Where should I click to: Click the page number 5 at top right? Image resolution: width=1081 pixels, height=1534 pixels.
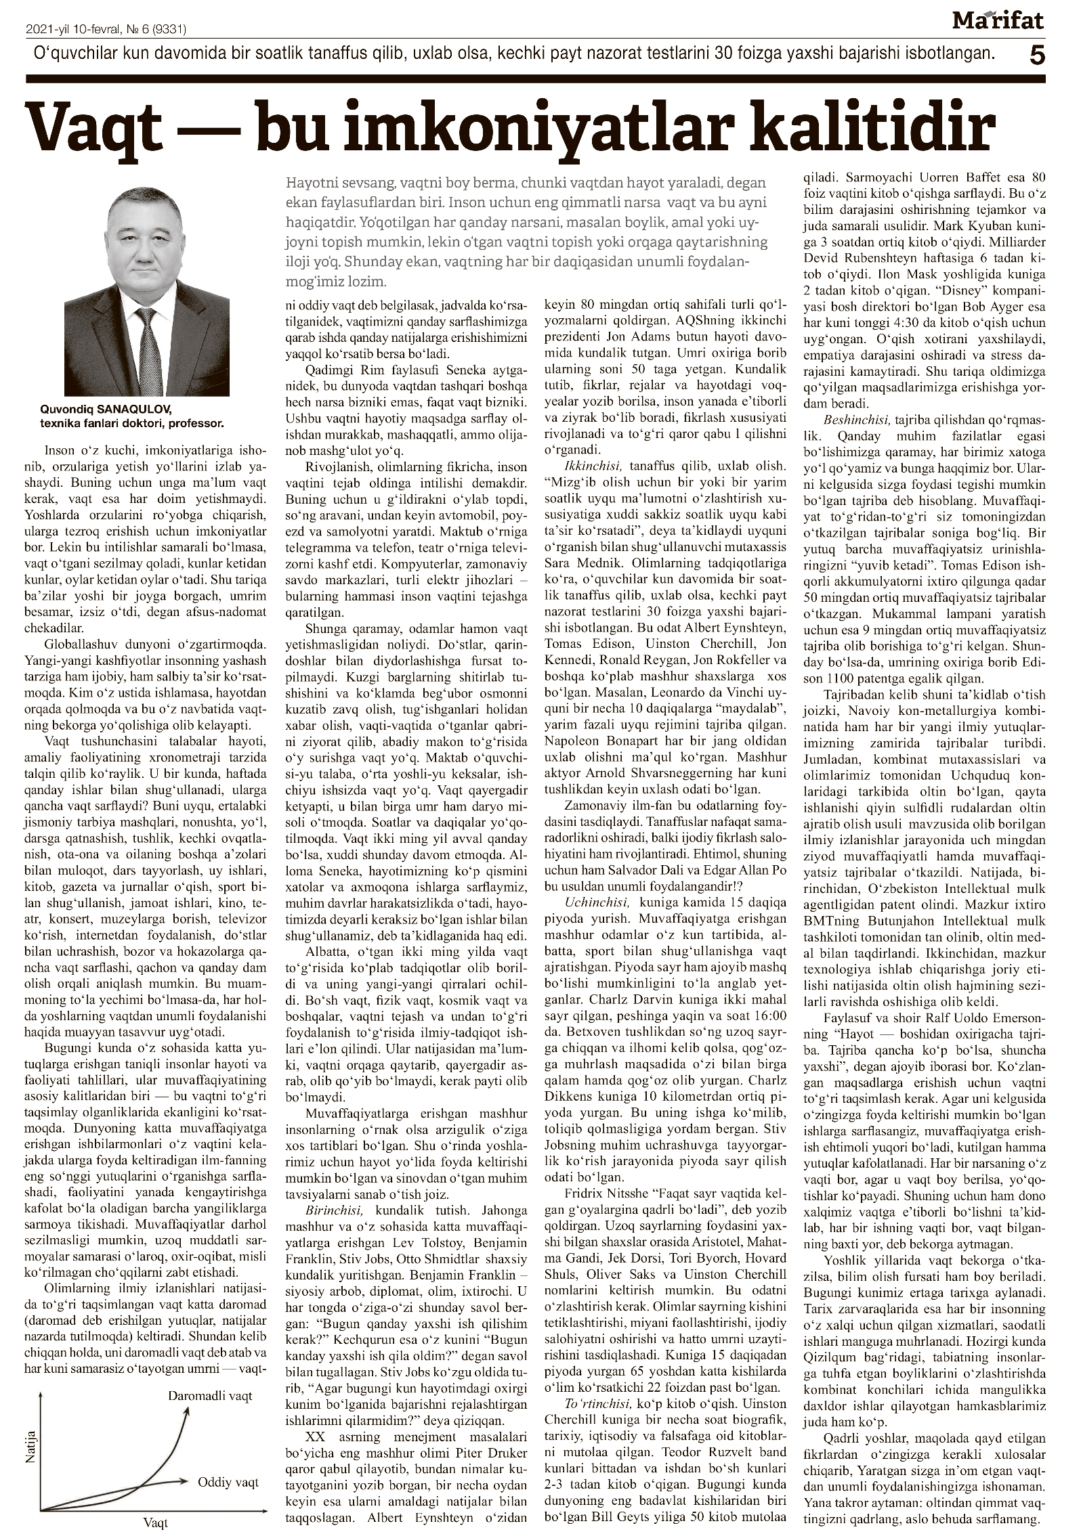click(x=1036, y=54)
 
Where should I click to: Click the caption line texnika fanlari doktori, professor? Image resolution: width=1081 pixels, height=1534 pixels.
click(x=131, y=422)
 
